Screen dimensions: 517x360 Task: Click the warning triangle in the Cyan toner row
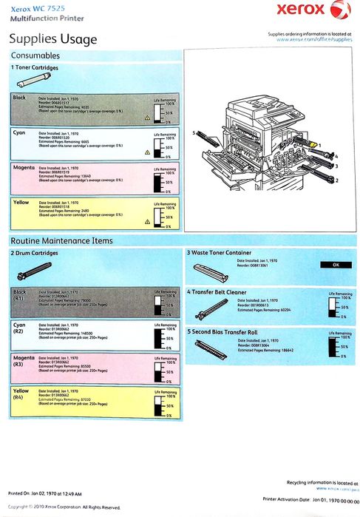pyautogui.click(x=147, y=152)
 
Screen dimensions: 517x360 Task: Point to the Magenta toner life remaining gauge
pyautogui.click(x=160, y=182)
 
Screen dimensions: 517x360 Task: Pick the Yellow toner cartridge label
pyautogui.click(x=21, y=201)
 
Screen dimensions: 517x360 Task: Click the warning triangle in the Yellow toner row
pyautogui.click(x=147, y=221)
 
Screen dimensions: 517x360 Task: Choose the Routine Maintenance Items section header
pyautogui.click(x=61, y=240)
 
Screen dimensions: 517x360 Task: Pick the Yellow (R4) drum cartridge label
pyautogui.click(x=21, y=393)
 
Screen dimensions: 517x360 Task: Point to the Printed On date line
pyautogui.click(x=46, y=493)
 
